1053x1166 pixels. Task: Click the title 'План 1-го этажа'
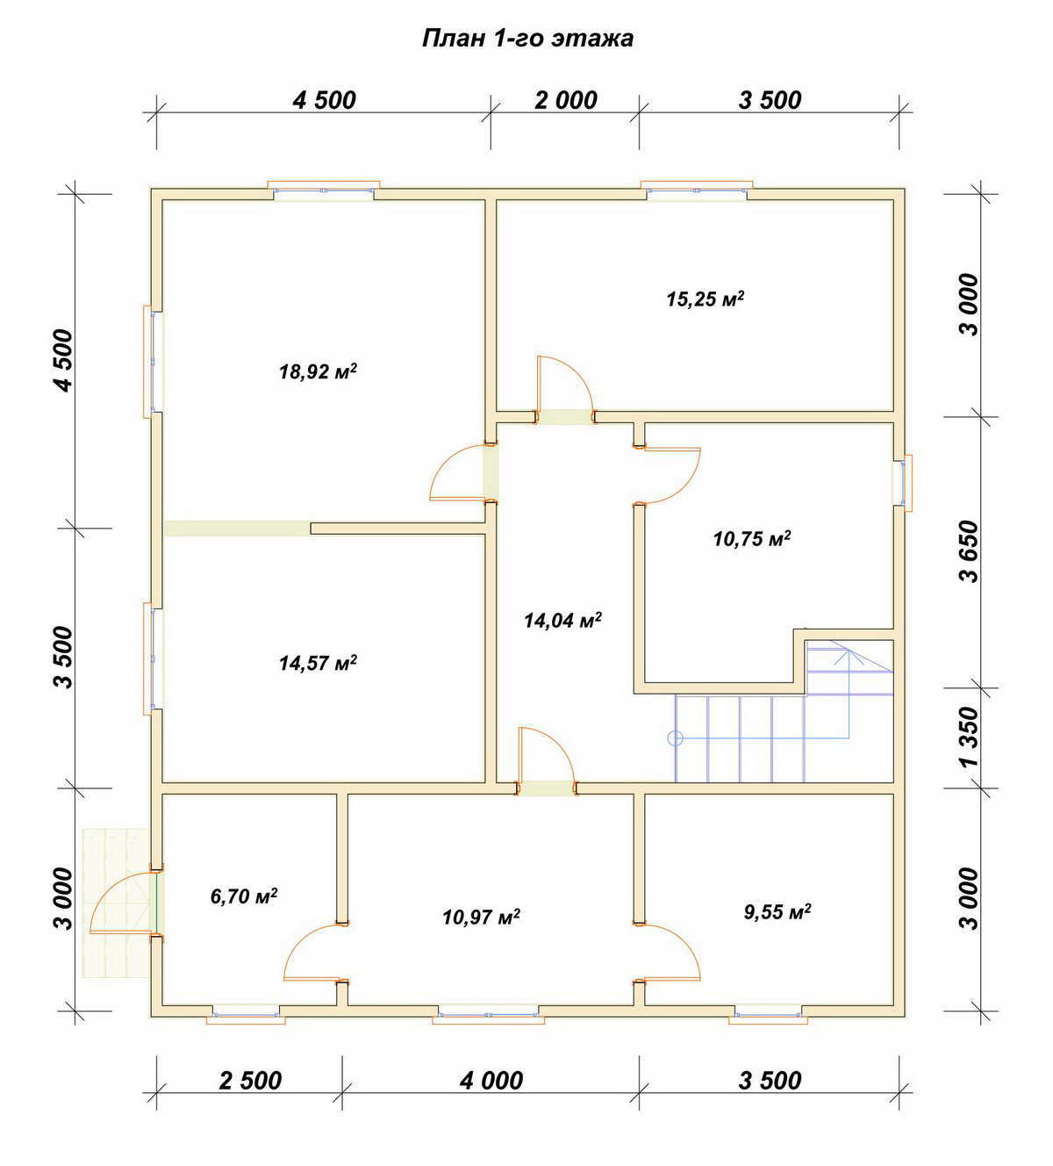tap(527, 39)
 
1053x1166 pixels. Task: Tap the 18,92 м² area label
tap(318, 371)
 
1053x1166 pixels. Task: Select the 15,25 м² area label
tap(705, 299)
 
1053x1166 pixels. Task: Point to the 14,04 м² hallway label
tap(562, 620)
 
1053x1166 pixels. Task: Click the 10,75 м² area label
tap(752, 538)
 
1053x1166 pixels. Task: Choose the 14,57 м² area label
tap(318, 663)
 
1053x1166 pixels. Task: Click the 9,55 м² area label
tap(777, 911)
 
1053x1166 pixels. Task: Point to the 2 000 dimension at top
tap(565, 101)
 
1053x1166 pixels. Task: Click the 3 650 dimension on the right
tap(969, 551)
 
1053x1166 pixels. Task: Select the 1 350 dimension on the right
tap(969, 737)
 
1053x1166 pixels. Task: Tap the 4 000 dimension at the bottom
tap(491, 1081)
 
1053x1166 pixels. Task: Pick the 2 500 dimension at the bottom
tap(250, 1081)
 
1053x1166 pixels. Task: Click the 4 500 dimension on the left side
tap(63, 360)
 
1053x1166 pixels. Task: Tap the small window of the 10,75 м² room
tap(904, 483)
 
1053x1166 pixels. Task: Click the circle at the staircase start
tap(675, 738)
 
